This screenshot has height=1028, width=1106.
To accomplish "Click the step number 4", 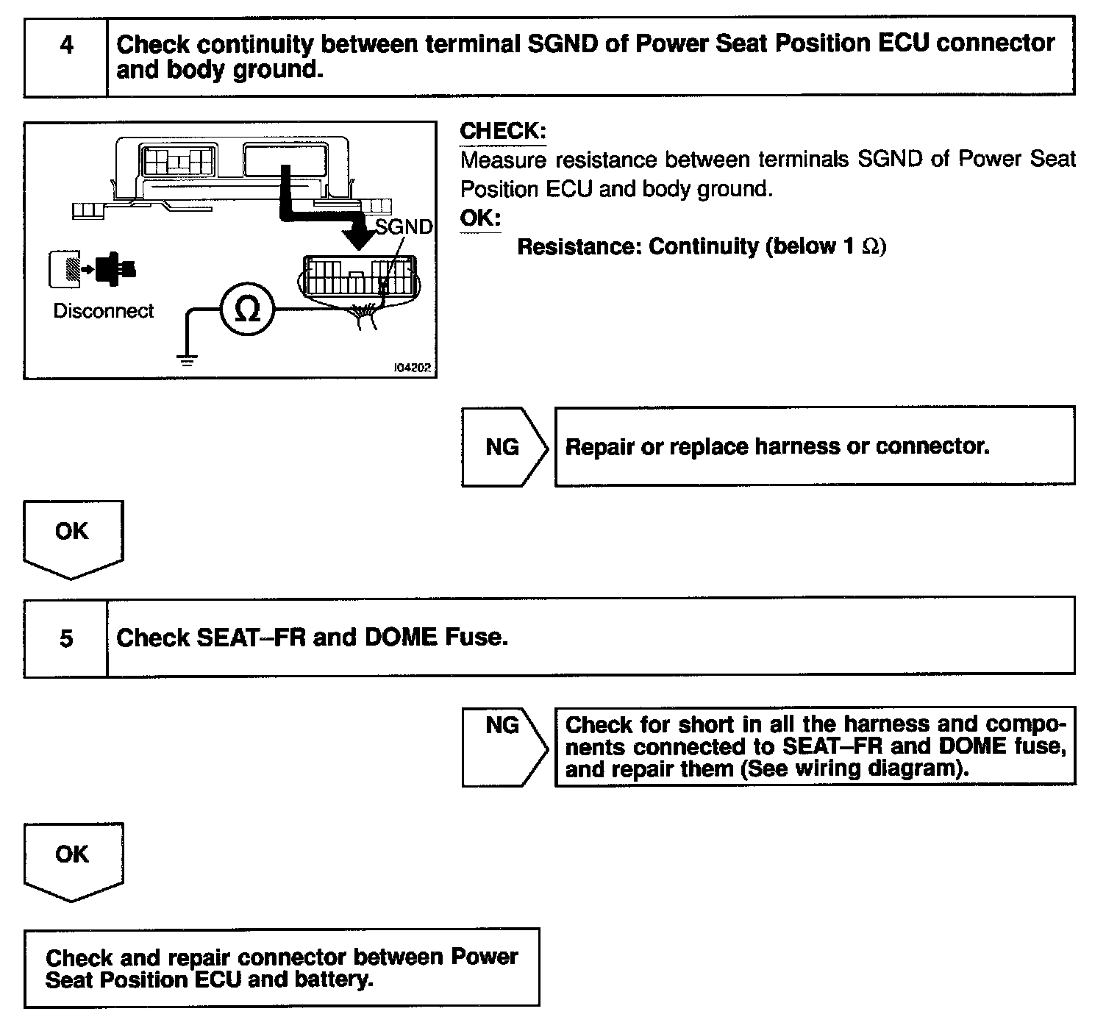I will coord(66,46).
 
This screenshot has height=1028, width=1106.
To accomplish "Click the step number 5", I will coord(66,638).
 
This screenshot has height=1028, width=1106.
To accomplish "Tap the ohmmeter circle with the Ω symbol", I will coord(247,310).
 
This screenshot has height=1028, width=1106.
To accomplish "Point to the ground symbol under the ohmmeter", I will coord(188,360).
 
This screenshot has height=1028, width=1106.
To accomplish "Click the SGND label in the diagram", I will coord(404,226).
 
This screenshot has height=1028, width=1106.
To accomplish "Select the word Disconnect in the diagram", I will coord(104,311).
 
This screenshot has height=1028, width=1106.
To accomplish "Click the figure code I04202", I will coord(413,368).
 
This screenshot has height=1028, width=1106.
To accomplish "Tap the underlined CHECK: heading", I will coord(503,132).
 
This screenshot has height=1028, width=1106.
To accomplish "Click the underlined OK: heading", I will coord(480,218).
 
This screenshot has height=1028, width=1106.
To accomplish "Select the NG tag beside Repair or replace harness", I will coord(502,447).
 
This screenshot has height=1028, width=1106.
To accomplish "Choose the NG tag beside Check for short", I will coord(502,727).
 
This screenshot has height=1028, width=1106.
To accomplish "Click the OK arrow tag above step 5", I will coord(72,532).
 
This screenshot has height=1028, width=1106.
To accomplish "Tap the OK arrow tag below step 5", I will coord(72,854).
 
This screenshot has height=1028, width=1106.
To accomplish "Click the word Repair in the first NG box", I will coord(599,446).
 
